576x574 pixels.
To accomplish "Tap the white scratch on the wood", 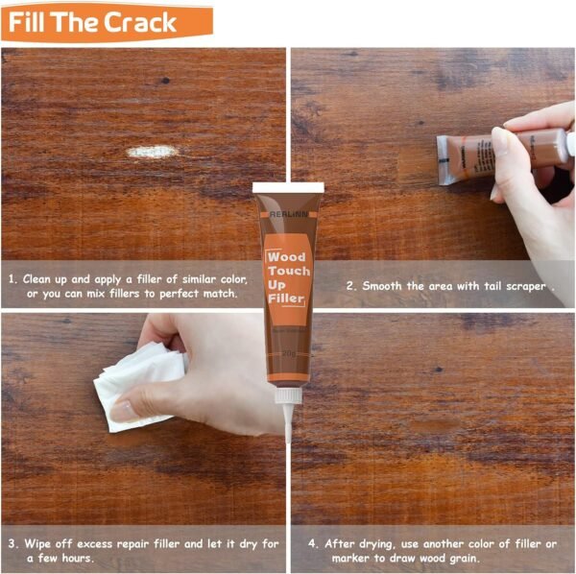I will click(153, 152).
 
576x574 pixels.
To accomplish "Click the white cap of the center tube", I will click(288, 187).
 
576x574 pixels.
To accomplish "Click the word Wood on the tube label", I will click(286, 258).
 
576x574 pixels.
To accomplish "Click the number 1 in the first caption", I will click(12, 278).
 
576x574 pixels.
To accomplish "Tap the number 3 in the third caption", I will click(12, 543).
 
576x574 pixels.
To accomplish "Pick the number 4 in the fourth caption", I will click(313, 543).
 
